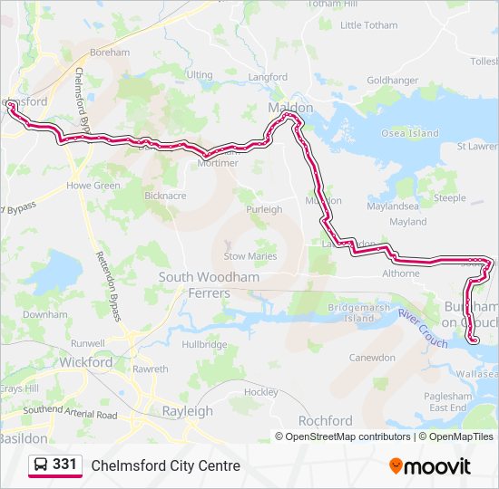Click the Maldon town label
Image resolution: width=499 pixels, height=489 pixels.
(290, 108)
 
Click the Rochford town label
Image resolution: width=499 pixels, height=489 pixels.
(325, 421)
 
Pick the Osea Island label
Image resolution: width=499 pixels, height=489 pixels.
(409, 133)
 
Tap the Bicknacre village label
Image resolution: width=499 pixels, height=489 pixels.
(165, 195)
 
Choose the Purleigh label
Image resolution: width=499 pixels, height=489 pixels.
(264, 209)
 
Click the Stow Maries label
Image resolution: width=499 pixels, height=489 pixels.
(249, 256)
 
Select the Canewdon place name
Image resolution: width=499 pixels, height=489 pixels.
(372, 358)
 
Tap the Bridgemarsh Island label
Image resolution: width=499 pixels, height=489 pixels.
(351, 313)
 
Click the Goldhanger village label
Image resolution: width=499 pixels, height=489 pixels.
(392, 80)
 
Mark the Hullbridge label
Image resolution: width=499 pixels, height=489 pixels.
(204, 344)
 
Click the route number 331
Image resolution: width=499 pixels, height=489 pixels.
(64, 465)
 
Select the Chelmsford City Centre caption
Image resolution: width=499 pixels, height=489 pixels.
(165, 465)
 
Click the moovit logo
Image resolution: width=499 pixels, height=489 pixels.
(430, 465)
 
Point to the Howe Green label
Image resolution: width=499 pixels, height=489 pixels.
(93, 186)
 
